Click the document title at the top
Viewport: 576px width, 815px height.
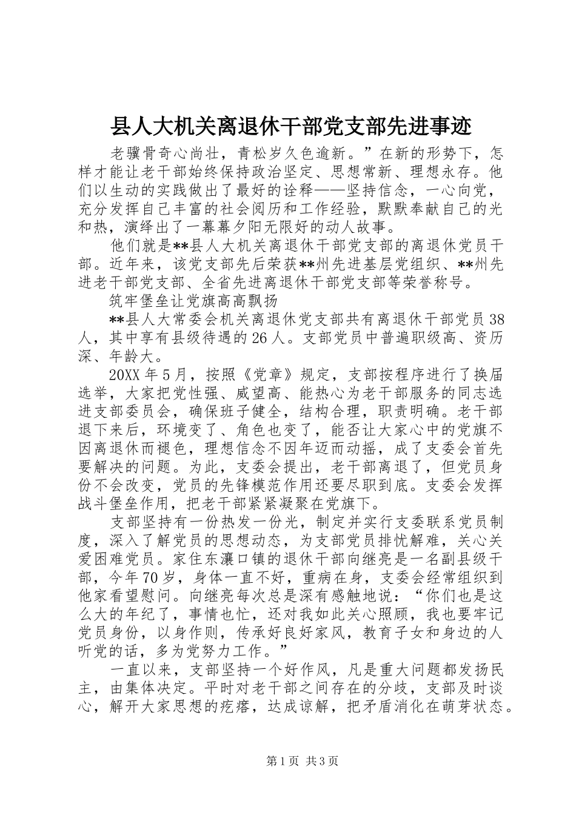tap(288, 128)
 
